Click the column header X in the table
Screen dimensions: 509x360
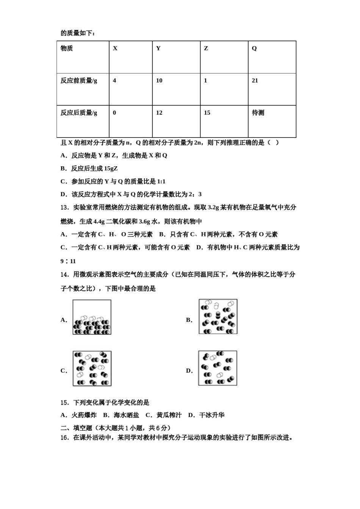[x=115, y=48]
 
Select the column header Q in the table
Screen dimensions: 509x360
[x=254, y=48]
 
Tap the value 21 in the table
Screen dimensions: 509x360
[x=255, y=81]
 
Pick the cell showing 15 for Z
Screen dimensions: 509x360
[x=207, y=113]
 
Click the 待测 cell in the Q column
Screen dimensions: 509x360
[x=258, y=113]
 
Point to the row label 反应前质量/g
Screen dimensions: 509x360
[x=79, y=81]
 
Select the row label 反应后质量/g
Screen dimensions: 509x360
[x=79, y=113]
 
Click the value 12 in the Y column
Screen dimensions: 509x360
[x=159, y=113]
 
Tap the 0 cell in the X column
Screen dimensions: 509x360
[x=114, y=113]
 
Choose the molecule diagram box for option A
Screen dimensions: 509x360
[x=92, y=317]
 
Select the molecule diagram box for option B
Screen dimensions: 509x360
[x=218, y=317]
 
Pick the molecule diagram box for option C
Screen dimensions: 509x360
[x=92, y=368]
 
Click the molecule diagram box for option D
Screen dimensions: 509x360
[x=218, y=368]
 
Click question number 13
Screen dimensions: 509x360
[x=64, y=208]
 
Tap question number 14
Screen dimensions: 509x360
[x=64, y=275]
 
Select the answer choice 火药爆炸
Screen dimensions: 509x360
[x=84, y=415]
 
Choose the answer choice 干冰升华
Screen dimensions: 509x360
[x=212, y=415]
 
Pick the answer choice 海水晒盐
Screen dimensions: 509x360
[x=126, y=415]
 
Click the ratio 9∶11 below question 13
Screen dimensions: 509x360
[x=68, y=261]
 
